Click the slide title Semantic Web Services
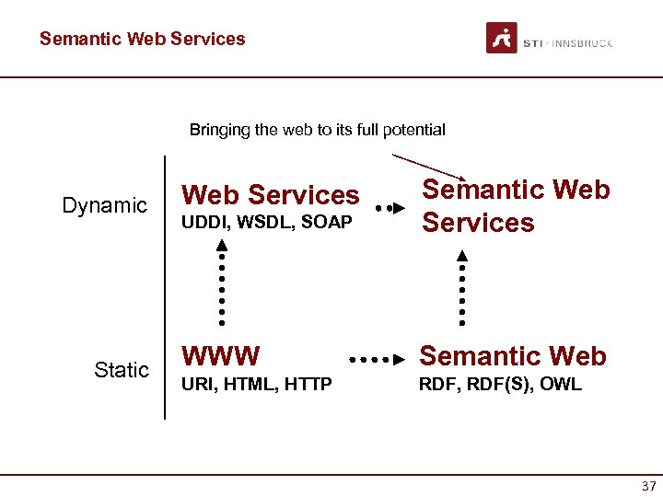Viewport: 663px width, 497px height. tap(143, 39)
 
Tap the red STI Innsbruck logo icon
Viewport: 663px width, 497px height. tap(502, 39)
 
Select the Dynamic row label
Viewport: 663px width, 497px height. tap(104, 205)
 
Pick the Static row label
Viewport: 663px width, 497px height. tap(121, 370)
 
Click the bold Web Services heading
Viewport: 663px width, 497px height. tap(271, 195)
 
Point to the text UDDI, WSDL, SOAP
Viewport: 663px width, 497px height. tap(267, 224)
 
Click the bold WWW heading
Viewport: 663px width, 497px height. tap(221, 356)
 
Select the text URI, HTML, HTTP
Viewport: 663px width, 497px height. tap(257, 385)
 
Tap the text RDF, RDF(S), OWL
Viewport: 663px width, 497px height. tap(500, 385)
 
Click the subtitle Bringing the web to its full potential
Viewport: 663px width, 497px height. tap(317, 130)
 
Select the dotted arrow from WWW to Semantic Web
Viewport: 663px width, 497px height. tap(378, 357)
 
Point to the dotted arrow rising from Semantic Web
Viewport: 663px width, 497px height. tap(461, 286)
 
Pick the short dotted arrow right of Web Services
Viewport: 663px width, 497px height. tap(390, 209)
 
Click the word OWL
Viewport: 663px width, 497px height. tap(562, 385)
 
